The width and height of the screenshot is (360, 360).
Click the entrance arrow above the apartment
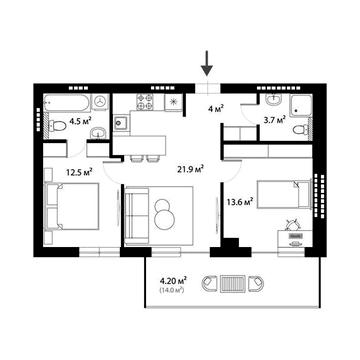coord(207,65)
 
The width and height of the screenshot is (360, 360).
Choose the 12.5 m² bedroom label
coord(79,171)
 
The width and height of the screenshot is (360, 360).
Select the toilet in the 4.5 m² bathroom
coord(59,124)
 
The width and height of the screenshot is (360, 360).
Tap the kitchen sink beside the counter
coord(121,123)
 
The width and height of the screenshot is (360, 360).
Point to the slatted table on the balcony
coord(233,285)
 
